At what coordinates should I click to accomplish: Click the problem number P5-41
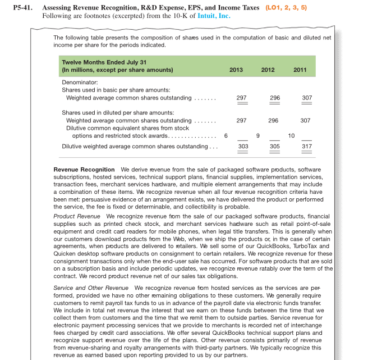(23, 8)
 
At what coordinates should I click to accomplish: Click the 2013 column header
(236, 70)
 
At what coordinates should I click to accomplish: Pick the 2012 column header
(268, 70)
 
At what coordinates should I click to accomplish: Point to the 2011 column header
(300, 70)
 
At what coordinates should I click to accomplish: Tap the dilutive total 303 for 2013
(242, 147)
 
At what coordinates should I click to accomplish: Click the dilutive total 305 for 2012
(274, 147)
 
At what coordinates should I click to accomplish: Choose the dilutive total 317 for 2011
(306, 147)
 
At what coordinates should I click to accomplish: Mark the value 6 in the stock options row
(226, 135)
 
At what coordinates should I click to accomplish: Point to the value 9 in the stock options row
(257, 135)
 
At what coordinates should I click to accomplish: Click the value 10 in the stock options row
(291, 135)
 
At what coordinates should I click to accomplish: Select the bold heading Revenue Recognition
(84, 170)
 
